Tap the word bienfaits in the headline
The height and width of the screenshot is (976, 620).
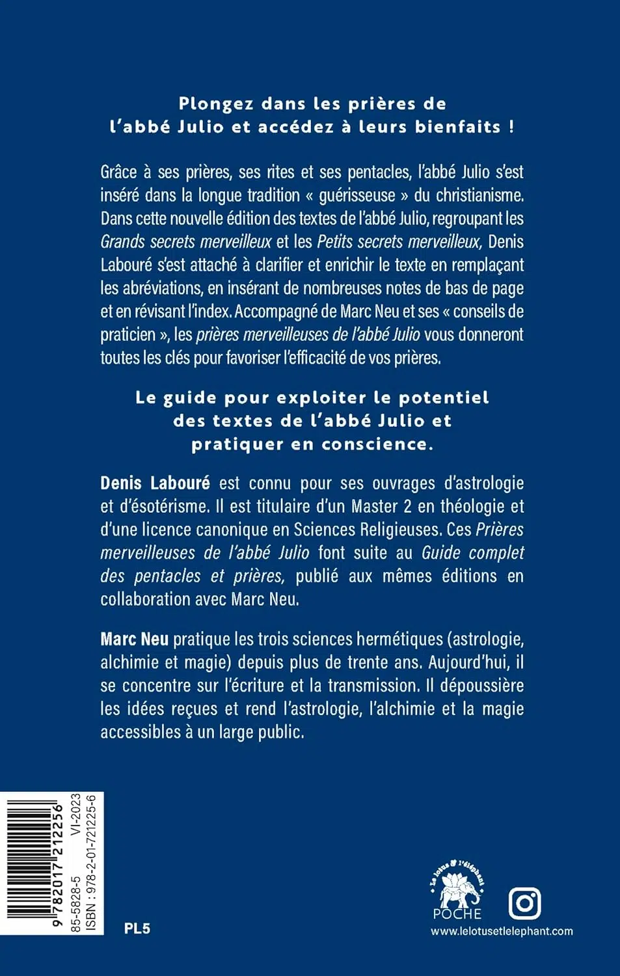tap(457, 126)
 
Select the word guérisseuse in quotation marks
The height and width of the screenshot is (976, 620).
tap(357, 195)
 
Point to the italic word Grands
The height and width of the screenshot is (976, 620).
tap(122, 241)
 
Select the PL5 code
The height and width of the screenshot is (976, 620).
tap(137, 929)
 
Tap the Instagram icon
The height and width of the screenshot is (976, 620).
tap(524, 902)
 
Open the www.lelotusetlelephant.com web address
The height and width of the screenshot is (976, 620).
tap(502, 931)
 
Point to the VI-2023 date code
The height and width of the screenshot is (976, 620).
tap(76, 815)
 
